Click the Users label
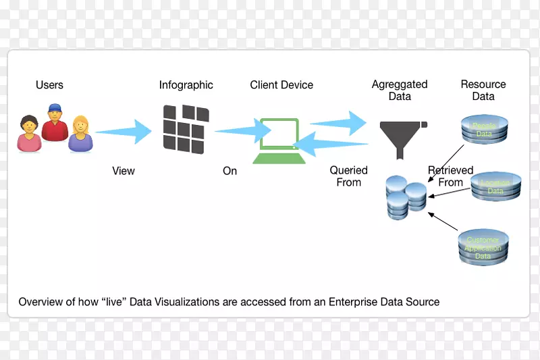click(x=49, y=85)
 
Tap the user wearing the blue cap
click(x=54, y=123)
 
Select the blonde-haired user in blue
click(x=80, y=134)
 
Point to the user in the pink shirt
click(x=29, y=134)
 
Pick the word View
click(x=124, y=171)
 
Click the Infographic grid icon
click(x=184, y=128)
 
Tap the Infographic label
click(x=186, y=85)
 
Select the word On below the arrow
click(x=230, y=171)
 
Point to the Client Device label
click(x=281, y=85)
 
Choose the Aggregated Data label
click(x=400, y=91)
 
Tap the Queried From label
click(x=349, y=176)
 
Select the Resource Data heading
click(x=483, y=91)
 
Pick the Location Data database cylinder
click(x=495, y=187)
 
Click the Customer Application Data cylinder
click(x=483, y=247)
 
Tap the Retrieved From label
click(x=450, y=176)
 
